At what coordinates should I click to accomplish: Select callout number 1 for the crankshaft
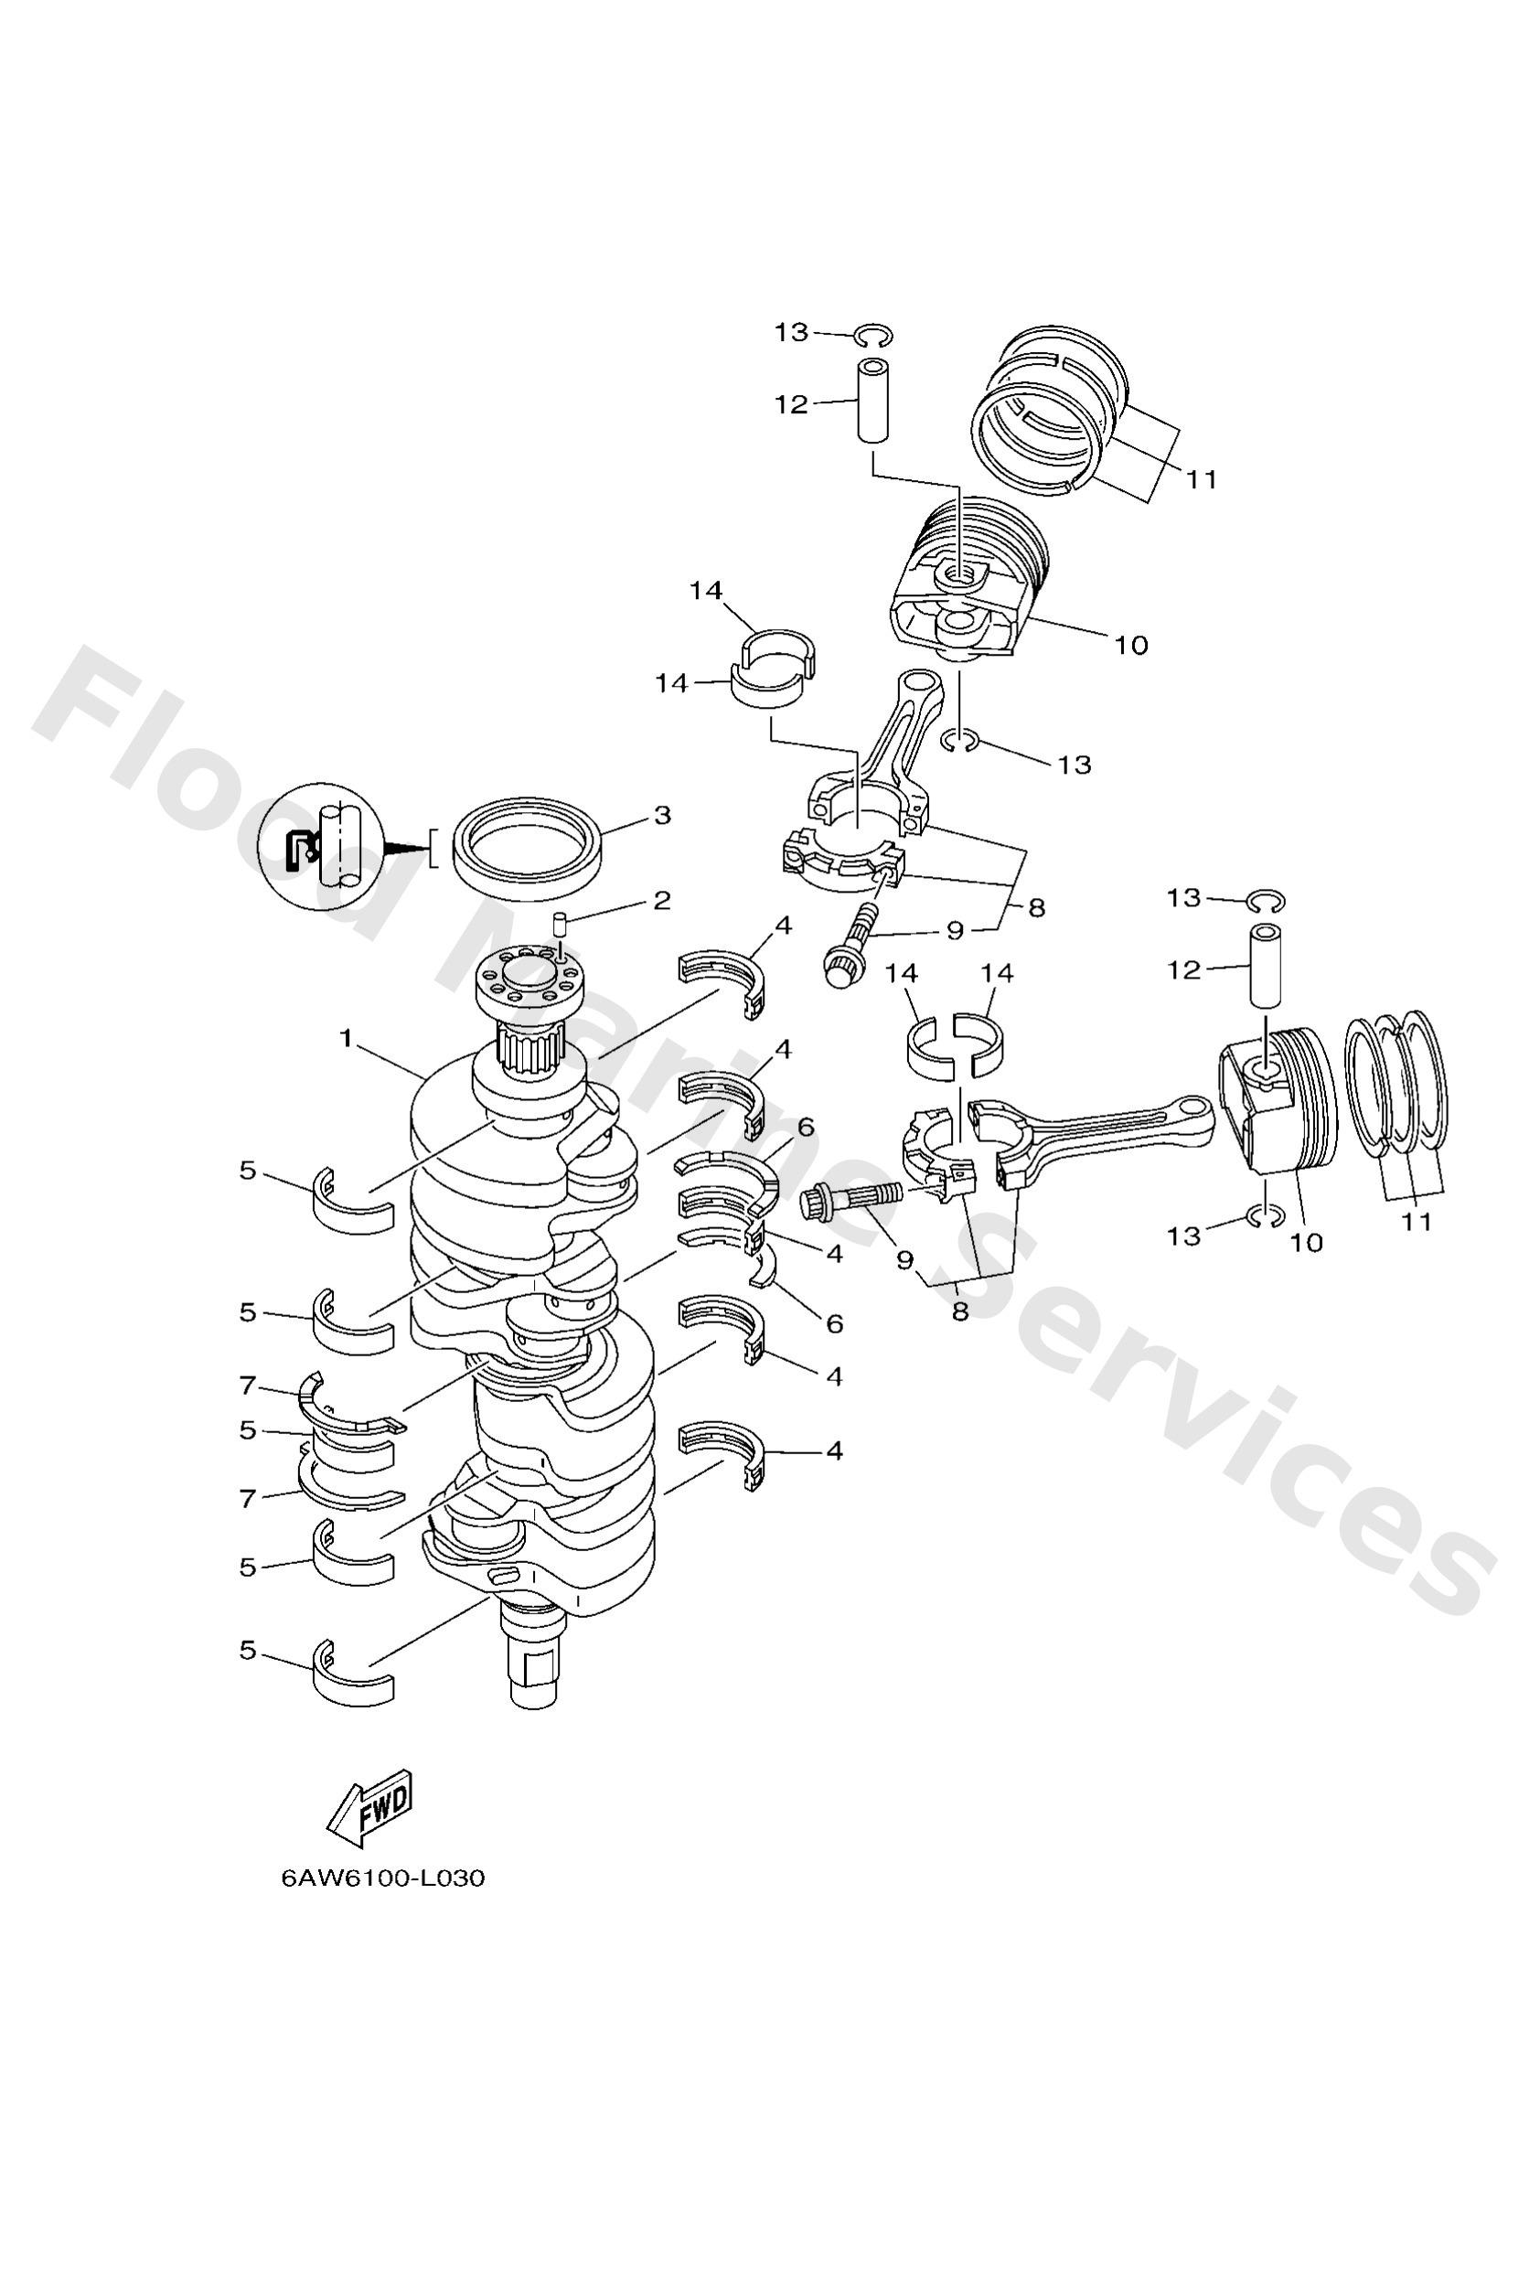[346, 1039]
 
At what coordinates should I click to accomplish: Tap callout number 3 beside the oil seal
[662, 815]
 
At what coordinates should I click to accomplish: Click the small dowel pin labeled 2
[561, 923]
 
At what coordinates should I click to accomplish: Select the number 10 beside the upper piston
[1131, 646]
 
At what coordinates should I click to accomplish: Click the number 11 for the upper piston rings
[1203, 479]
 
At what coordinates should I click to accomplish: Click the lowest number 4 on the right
[833, 1478]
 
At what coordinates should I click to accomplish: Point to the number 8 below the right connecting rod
[959, 1312]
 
